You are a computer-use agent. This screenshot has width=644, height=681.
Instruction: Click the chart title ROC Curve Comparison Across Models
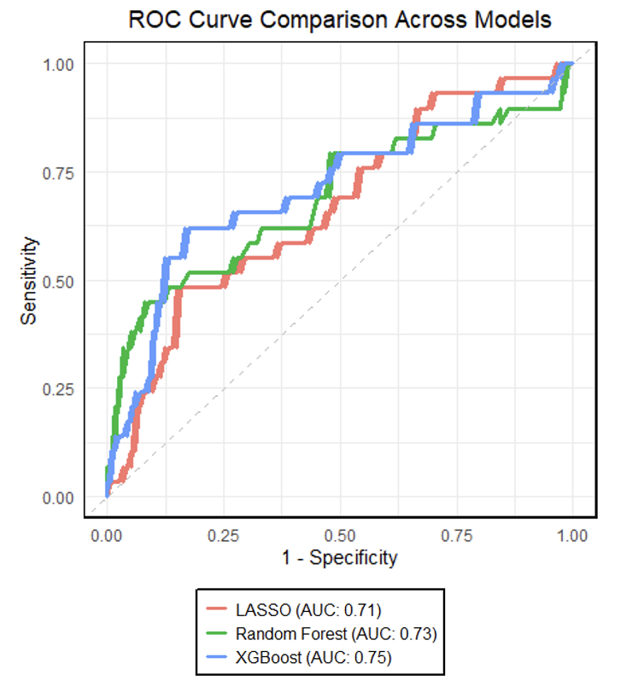pyautogui.click(x=339, y=19)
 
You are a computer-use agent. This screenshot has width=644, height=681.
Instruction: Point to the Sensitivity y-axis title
pyautogui.click(x=30, y=280)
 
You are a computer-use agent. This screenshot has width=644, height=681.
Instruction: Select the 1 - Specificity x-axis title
pyautogui.click(x=340, y=558)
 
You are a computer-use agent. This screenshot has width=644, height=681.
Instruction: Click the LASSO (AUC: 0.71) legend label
pyautogui.click(x=308, y=610)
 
